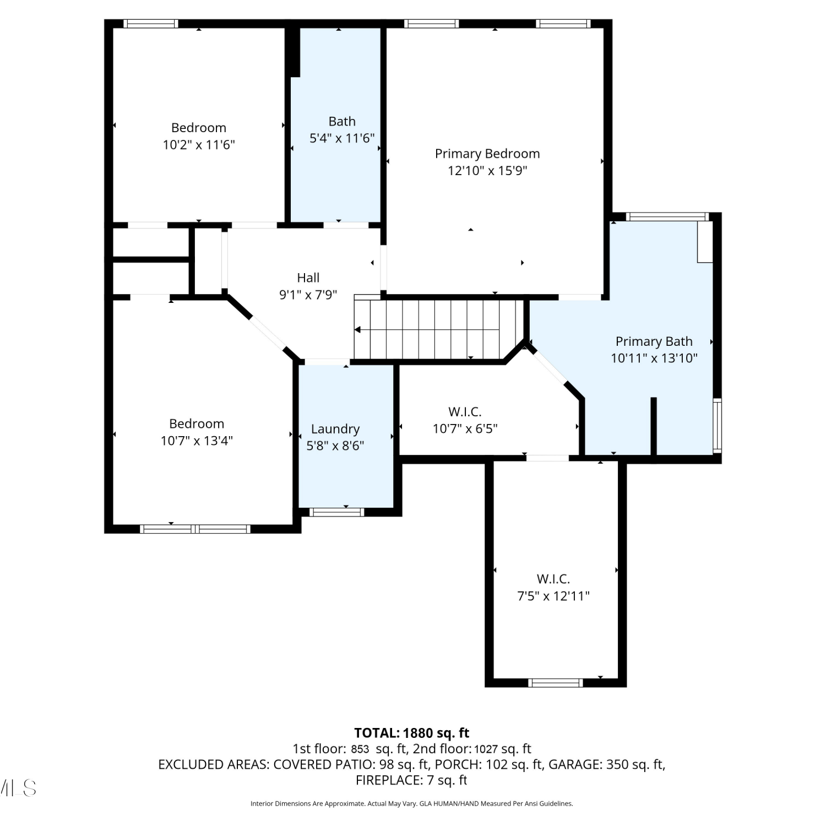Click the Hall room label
pos(308,278)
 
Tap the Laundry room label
pos(335,429)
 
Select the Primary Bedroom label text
pos(487,154)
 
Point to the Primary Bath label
pos(654,341)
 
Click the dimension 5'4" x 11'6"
pos(342,138)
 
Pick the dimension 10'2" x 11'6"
pos(199,145)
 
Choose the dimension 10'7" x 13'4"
pos(197,441)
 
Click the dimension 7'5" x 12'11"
pos(553,596)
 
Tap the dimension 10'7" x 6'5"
pos(465,428)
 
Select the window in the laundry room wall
pos(336,512)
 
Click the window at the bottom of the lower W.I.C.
pos(556,683)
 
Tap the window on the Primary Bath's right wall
pos(718,426)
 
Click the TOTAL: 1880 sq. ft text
pos(411,733)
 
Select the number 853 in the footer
pos(360,749)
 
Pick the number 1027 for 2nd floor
pos(486,749)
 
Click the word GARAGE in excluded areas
pos(575,764)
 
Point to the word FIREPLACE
pos(389,780)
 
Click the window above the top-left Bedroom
pos(150,24)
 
